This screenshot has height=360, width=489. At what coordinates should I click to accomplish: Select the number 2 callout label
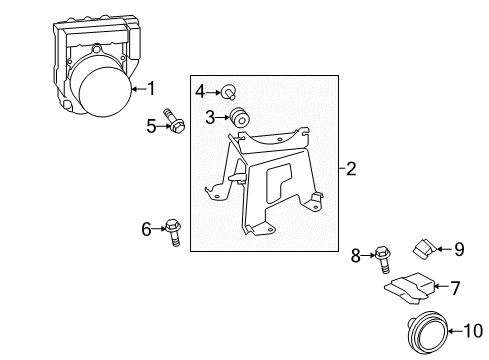pos(351,170)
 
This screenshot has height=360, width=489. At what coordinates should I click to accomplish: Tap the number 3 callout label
pos(211,118)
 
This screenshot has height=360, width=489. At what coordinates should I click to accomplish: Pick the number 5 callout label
pos(151,125)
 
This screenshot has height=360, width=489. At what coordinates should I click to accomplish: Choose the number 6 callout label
pos(147,229)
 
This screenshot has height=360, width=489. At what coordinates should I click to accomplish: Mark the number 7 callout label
pos(454,289)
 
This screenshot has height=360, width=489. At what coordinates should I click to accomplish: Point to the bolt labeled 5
pos(179,125)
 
